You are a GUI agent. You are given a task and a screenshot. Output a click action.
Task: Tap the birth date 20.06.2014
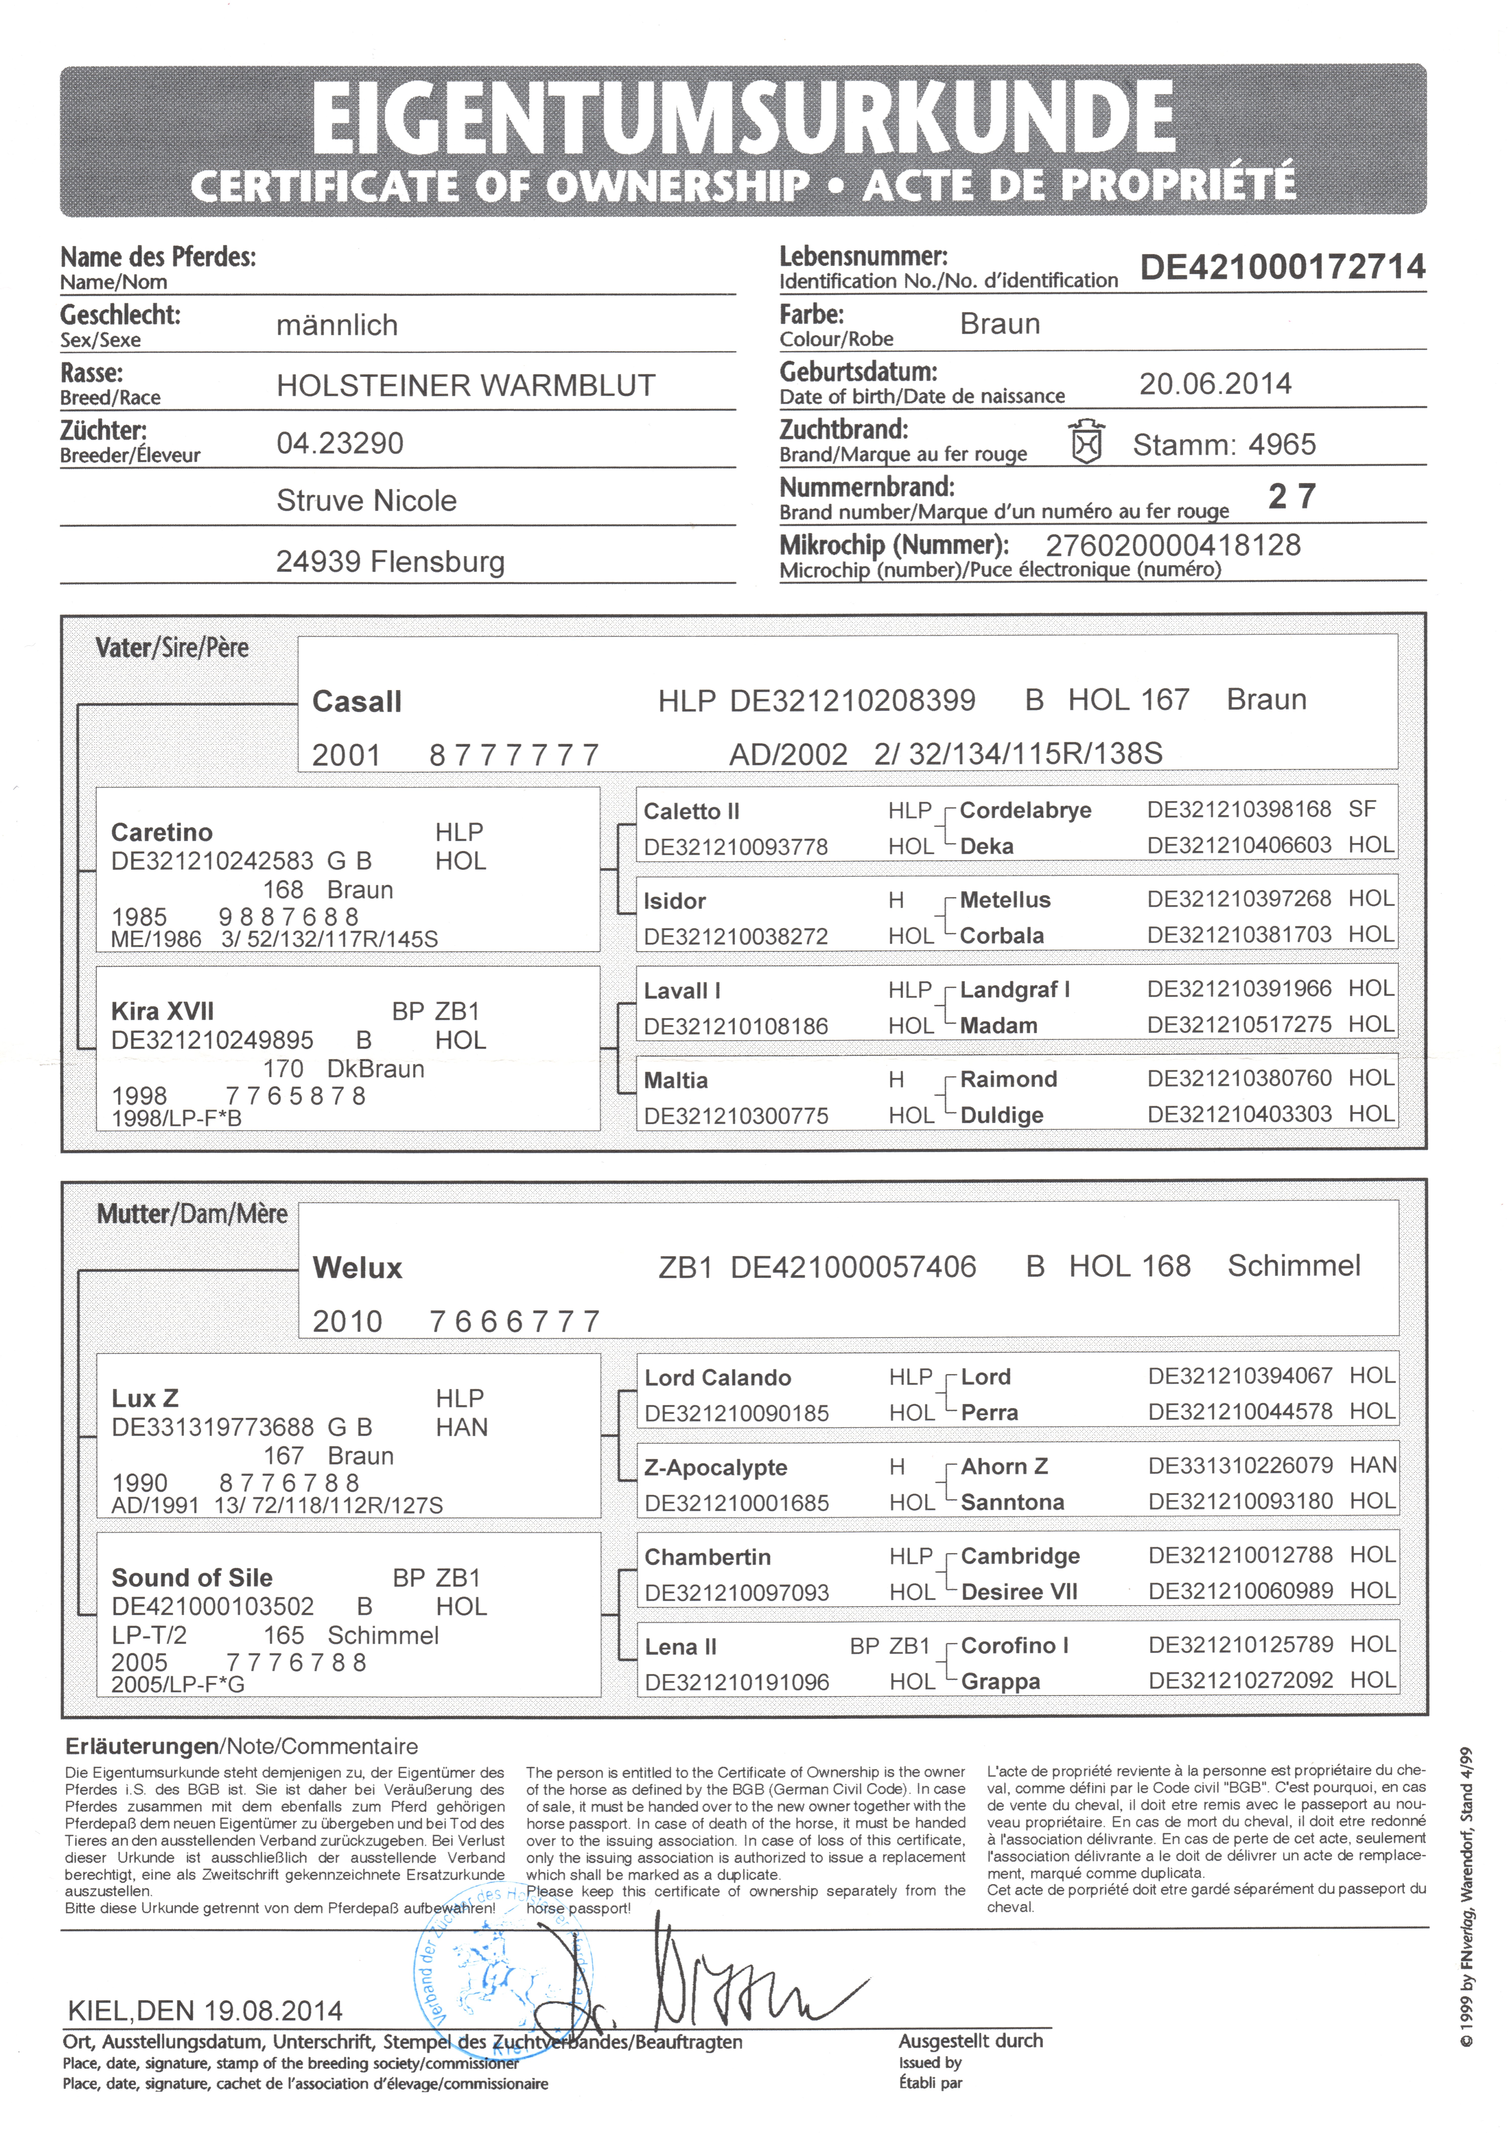click(1215, 384)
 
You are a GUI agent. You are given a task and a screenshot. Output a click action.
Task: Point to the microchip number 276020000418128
click(1173, 545)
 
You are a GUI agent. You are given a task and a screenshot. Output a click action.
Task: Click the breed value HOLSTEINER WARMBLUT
click(466, 385)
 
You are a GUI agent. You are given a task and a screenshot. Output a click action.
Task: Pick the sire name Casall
click(357, 701)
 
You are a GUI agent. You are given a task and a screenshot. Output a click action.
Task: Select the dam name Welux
click(358, 1268)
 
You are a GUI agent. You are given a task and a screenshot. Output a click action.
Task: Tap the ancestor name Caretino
click(162, 832)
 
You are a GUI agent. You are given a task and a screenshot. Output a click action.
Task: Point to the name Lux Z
click(145, 1398)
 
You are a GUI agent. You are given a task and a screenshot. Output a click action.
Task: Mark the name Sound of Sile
click(191, 1577)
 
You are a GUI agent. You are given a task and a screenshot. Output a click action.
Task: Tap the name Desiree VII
click(1019, 1591)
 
